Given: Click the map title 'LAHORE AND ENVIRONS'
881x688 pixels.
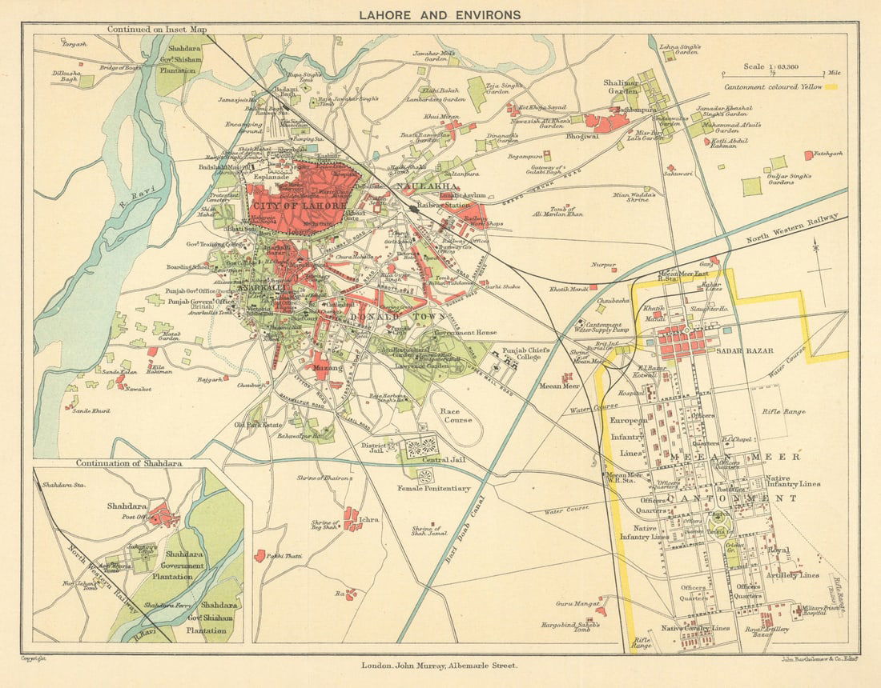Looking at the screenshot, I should [440, 14].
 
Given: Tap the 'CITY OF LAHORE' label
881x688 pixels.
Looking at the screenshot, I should [299, 206].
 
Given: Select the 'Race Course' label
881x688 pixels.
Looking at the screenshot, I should [456, 414].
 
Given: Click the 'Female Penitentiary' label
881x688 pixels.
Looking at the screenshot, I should [433, 487].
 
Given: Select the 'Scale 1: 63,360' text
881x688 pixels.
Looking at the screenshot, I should [774, 67].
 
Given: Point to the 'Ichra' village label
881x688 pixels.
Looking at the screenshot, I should [368, 519].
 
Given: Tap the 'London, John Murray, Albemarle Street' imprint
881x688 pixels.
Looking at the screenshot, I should [440, 665].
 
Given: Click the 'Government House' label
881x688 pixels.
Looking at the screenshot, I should [465, 332].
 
